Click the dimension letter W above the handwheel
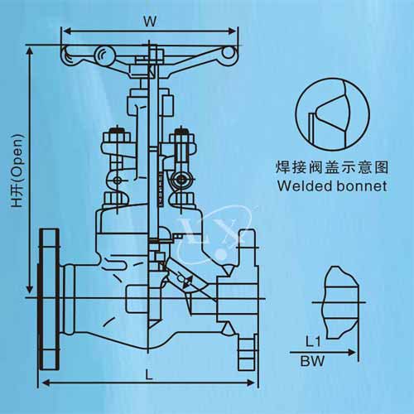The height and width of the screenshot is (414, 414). click(150, 22)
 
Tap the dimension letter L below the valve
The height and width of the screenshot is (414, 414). click(149, 374)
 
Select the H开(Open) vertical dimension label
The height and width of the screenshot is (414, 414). click(17, 171)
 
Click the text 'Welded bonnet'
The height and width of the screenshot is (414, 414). click(332, 186)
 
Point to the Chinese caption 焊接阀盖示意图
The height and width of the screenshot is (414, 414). click(332, 167)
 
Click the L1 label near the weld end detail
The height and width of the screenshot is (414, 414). click(313, 342)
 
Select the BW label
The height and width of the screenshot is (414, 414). click(312, 361)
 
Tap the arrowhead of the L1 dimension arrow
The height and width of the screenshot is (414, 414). click(352, 352)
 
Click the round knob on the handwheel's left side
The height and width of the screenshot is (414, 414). click(104, 55)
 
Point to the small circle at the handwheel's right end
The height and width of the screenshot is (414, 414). click(229, 53)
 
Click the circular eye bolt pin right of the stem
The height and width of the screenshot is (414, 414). click(181, 180)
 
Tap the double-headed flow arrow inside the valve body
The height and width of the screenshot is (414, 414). click(187, 282)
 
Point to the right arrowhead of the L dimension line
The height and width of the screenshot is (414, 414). click(251, 383)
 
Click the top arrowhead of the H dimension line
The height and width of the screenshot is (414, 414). click(30, 51)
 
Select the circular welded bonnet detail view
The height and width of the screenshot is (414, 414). click(333, 114)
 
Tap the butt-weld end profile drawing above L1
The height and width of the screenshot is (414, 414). click(341, 302)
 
